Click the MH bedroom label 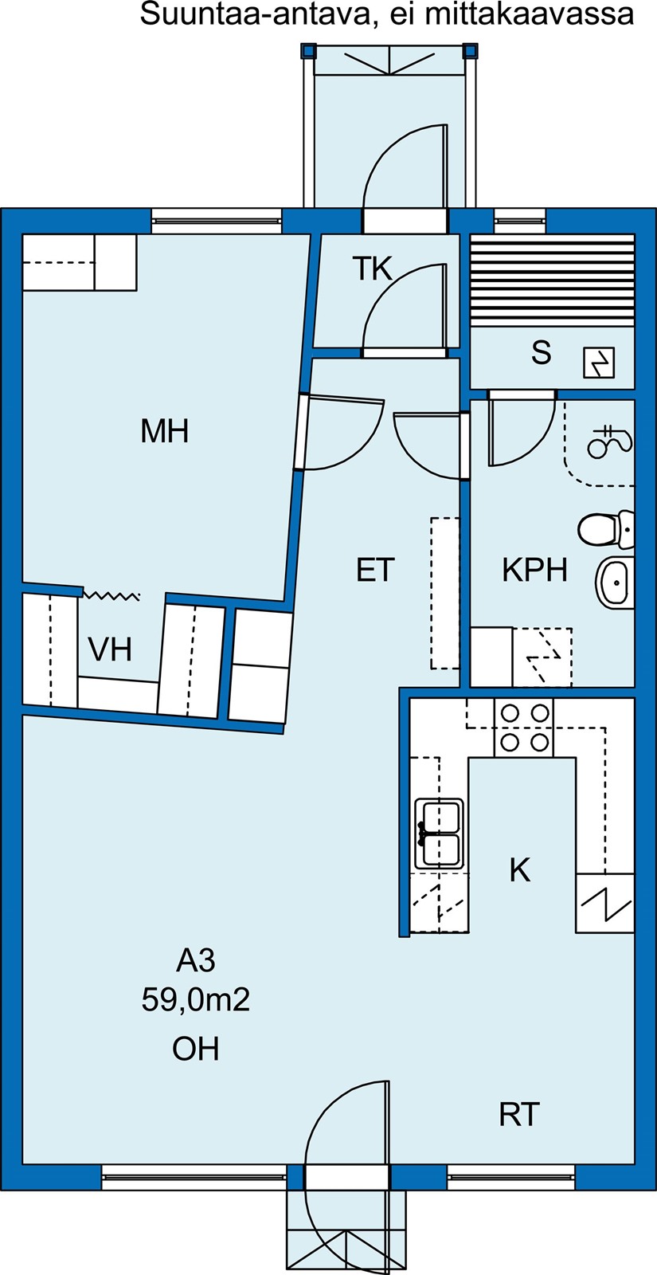164,431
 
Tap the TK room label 373,269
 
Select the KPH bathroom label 534,570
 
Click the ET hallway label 375,570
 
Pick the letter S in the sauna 541,352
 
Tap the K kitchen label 520,869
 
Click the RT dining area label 518,1115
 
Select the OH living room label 196,1049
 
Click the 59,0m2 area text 196,999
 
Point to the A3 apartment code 196,961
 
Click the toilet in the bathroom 606,529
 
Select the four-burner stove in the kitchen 524,728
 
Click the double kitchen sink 439,834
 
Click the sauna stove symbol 599,363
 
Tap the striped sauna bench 553,280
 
